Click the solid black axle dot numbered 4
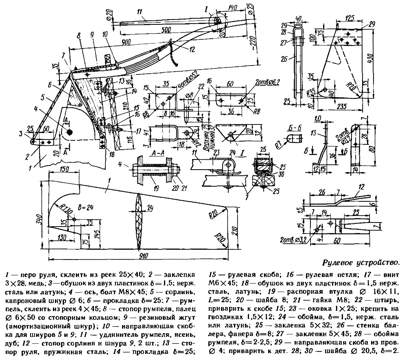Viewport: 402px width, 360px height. tap(70, 132)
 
